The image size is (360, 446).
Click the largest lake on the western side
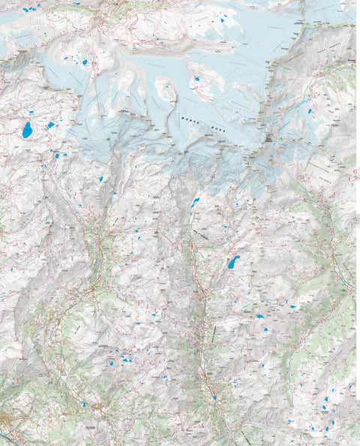tap(27, 130)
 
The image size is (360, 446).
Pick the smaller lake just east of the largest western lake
tap(51, 125)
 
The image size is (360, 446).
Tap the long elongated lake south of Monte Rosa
tap(233, 262)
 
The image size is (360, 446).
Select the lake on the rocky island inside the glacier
tap(198, 77)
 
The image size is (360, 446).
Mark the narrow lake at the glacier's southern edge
tap(194, 202)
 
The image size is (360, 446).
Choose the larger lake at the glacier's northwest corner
tap(85, 62)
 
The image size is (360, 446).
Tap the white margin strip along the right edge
tap(357, 225)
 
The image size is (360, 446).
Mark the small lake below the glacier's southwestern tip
tap(100, 179)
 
